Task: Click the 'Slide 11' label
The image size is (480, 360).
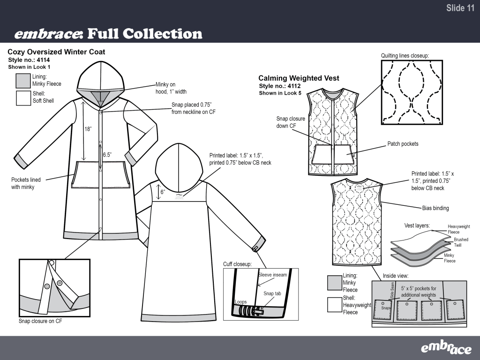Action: (460, 8)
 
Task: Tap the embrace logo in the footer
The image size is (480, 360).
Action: (446, 347)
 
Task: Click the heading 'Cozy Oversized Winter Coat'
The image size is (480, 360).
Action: (56, 52)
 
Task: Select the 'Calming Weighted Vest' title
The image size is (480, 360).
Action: (299, 78)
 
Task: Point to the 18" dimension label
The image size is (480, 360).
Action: (88, 129)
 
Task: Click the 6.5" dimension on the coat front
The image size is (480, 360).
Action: (107, 155)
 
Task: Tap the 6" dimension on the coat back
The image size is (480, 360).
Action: (163, 192)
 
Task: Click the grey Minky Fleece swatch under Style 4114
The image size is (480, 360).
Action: (23, 81)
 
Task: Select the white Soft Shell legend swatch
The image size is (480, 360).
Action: (23, 98)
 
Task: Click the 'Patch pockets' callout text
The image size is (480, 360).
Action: (403, 144)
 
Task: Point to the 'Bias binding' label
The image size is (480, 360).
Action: (435, 208)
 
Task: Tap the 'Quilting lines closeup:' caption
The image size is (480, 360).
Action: (405, 56)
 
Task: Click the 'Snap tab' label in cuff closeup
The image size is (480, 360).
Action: (272, 293)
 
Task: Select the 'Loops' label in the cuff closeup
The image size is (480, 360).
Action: (240, 302)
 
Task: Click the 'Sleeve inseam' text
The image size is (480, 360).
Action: (272, 275)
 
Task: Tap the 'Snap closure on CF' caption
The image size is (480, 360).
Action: (40, 321)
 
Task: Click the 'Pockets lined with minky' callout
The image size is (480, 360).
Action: (26, 183)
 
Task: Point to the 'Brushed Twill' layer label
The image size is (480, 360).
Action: (461, 242)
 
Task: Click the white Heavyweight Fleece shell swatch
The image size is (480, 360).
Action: (335, 305)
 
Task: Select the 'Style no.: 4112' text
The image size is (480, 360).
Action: (280, 86)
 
